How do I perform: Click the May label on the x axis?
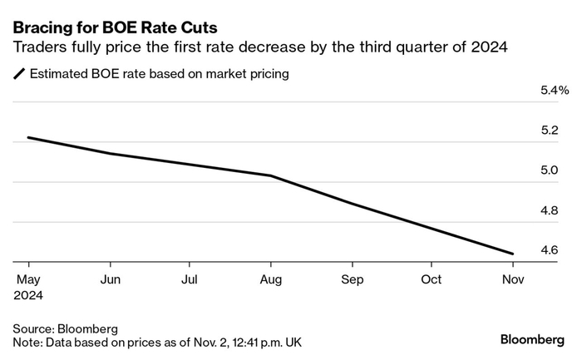point(28,279)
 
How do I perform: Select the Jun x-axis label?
point(110,279)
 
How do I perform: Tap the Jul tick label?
point(190,279)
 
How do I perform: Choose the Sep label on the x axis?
point(351,279)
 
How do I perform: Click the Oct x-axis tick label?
point(432,279)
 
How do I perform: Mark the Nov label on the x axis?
point(512,279)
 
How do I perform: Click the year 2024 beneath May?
point(28,294)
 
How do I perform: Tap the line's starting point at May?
point(28,137)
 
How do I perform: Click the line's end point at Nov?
point(512,254)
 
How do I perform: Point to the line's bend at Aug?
point(270,175)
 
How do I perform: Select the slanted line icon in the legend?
point(20,75)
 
